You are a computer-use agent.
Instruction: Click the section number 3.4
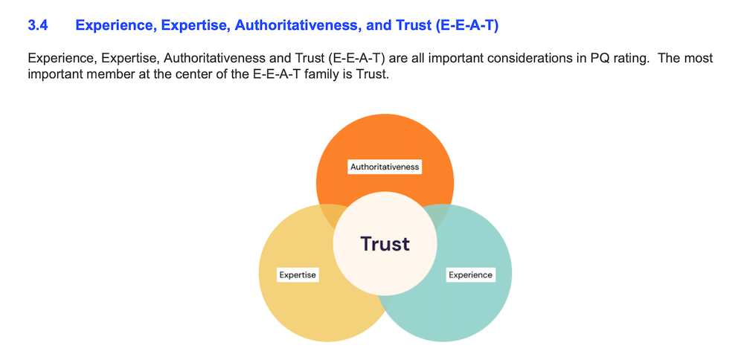[37, 25]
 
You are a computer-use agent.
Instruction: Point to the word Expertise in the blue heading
[196, 25]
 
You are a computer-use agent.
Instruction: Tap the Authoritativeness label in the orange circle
[385, 167]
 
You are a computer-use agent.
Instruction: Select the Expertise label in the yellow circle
[298, 274]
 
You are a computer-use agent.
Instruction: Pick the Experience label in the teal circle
[470, 274]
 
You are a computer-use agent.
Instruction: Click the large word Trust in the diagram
[385, 243]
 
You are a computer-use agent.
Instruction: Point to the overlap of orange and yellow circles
[333, 213]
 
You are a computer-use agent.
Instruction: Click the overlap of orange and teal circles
[437, 213]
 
